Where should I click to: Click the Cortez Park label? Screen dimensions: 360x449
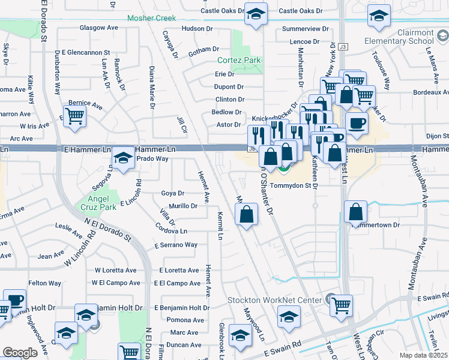(239, 60)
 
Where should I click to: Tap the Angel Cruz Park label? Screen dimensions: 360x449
(97, 202)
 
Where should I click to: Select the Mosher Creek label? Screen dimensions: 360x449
(151, 18)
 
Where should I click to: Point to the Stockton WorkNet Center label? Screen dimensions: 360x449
(276, 299)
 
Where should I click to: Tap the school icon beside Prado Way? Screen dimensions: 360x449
(123, 158)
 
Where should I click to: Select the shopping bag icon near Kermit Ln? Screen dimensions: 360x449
(246, 214)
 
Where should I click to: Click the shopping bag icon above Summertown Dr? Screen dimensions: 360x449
(356, 211)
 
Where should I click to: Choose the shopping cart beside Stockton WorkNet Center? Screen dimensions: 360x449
(342, 304)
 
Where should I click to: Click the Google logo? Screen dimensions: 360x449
(20, 353)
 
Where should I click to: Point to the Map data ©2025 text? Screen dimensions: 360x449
(423, 355)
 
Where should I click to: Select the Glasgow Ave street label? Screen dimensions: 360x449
(98, 28)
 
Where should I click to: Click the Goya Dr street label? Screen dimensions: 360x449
(172, 193)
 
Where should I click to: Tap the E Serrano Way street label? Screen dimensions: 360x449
(175, 245)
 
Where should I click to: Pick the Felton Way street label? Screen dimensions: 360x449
(45, 283)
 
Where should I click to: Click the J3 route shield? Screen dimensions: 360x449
(343, 46)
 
